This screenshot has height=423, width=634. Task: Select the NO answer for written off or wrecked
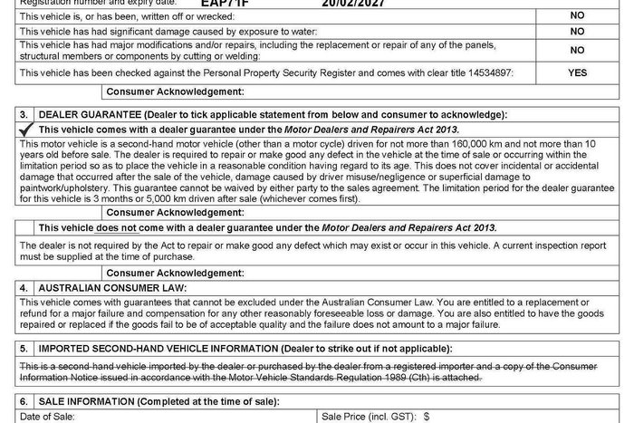577,15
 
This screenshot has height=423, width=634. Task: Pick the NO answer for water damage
577,31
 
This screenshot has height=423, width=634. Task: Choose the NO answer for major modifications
577,51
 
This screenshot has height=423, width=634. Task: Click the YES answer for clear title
577,72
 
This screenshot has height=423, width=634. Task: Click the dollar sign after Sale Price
426,416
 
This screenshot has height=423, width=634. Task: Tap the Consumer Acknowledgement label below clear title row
169,92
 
